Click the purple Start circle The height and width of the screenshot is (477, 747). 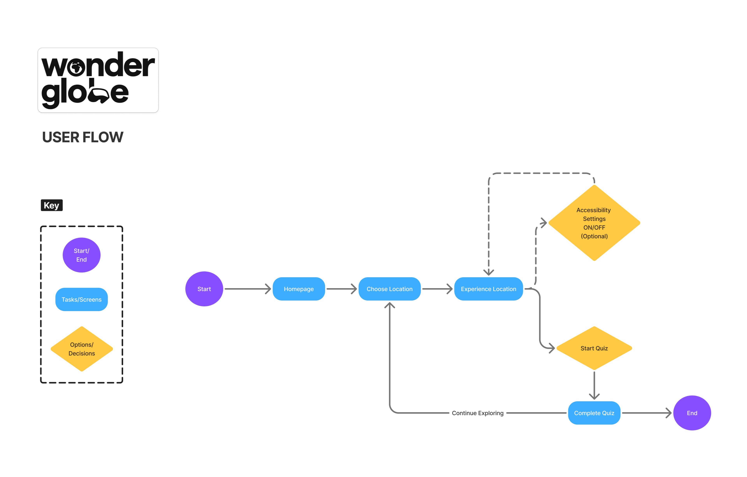pyautogui.click(x=204, y=289)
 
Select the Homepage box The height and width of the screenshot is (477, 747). pyautogui.click(x=299, y=289)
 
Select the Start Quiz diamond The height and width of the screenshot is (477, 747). pyautogui.click(x=594, y=348)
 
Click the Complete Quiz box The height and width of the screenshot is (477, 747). pyautogui.click(x=594, y=413)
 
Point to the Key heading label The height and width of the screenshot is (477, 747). pyautogui.click(x=52, y=205)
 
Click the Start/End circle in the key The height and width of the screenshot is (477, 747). pyautogui.click(x=82, y=255)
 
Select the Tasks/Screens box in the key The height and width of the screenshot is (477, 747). pyautogui.click(x=82, y=299)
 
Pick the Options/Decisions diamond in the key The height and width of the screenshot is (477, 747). pyautogui.click(x=82, y=349)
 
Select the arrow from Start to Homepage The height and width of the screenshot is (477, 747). pyautogui.click(x=248, y=289)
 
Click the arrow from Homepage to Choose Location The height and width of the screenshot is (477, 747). pyautogui.click(x=341, y=289)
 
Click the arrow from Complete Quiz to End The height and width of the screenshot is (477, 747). pyautogui.click(x=646, y=413)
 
